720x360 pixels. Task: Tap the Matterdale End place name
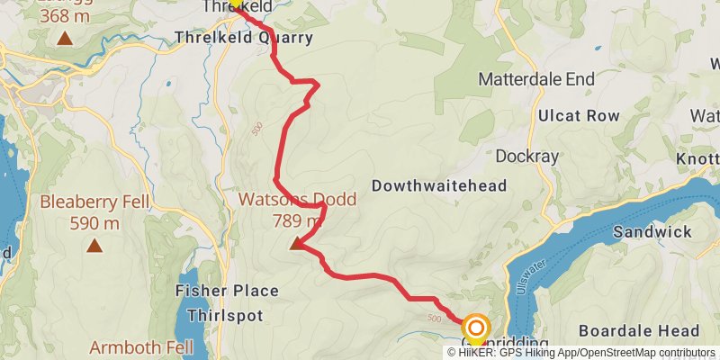point(536,79)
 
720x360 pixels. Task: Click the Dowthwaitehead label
point(439,185)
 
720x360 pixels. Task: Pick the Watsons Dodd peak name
point(296,200)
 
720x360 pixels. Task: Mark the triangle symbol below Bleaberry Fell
point(94,244)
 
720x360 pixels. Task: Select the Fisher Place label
point(227,292)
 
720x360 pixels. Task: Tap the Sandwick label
point(652,232)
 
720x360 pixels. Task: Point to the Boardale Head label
point(638,329)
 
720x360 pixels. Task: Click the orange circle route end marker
point(476,328)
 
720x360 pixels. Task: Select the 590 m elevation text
point(94,222)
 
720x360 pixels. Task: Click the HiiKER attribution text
point(504,352)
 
